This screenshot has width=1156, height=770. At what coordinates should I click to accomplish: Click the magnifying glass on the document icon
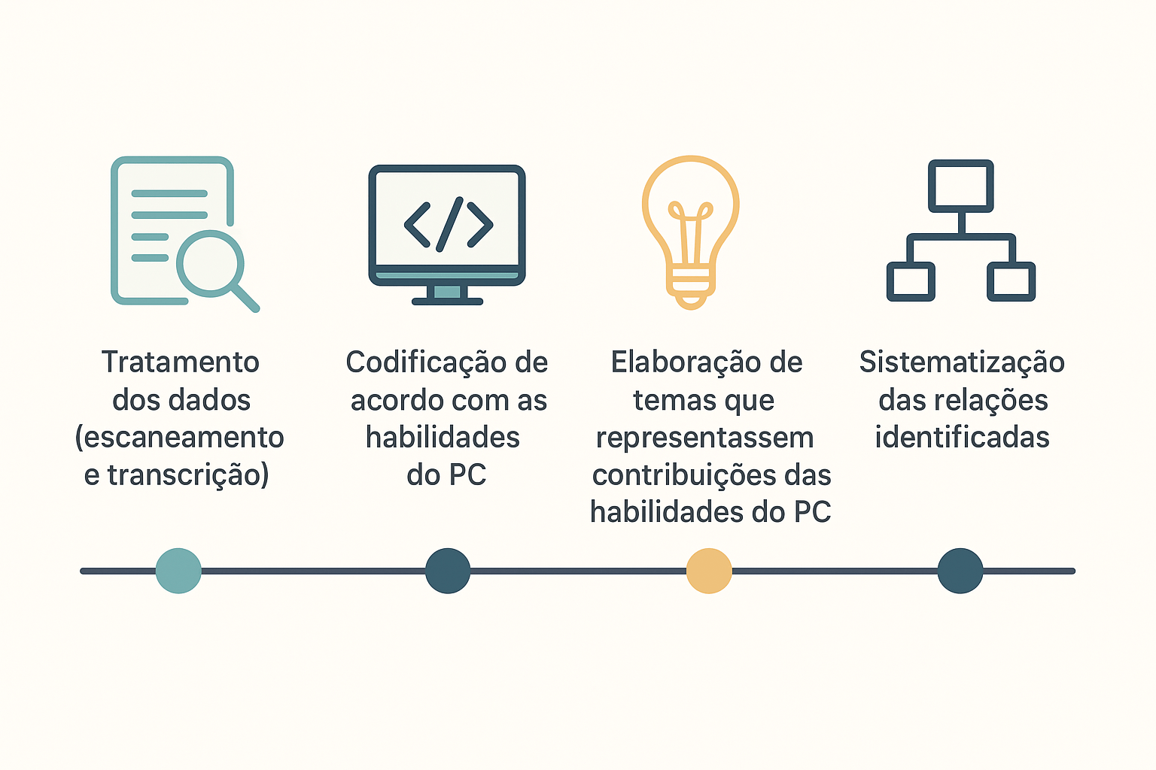211,264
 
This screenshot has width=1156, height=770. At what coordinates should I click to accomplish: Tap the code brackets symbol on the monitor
449,224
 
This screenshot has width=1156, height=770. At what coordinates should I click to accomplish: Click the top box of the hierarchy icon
960,185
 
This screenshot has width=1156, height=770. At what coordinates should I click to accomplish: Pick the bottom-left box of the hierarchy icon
911,281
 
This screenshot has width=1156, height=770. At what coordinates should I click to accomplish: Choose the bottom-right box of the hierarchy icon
1011,281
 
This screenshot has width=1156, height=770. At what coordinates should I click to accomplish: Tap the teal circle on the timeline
178,571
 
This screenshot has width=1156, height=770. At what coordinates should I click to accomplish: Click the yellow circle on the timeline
709,571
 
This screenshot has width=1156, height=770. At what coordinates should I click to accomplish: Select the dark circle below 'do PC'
448,571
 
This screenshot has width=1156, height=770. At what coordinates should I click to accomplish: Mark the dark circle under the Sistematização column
960,571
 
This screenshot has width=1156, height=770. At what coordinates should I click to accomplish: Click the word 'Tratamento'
181,362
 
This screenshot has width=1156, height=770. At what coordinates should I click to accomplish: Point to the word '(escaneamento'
180,438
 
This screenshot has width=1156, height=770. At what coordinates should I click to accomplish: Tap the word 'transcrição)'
188,475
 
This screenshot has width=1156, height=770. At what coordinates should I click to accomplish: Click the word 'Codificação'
425,362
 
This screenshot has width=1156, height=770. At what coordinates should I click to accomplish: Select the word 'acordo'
391,401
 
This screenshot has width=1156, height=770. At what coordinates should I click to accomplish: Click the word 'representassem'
705,438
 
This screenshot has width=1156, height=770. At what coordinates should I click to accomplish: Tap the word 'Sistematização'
962,362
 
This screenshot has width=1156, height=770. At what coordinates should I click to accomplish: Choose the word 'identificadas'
962,438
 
